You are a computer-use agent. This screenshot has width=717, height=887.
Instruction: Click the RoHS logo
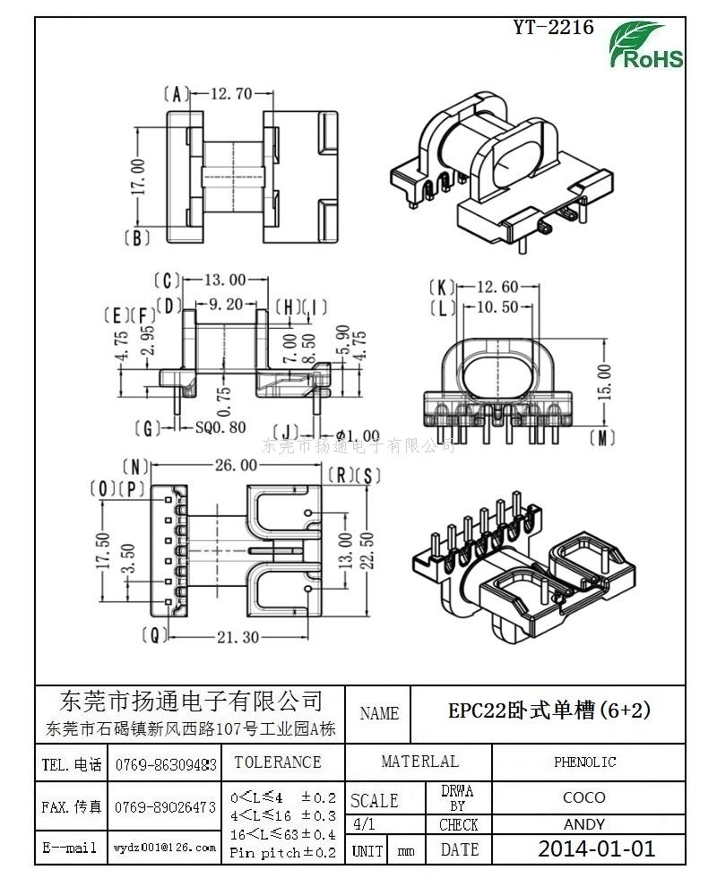pyautogui.click(x=646, y=46)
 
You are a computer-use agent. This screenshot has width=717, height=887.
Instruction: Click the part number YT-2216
pyautogui.click(x=553, y=28)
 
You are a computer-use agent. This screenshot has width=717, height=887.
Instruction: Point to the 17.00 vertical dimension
pyautogui.click(x=137, y=178)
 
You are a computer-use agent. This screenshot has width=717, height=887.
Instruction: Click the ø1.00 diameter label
pyautogui.click(x=351, y=436)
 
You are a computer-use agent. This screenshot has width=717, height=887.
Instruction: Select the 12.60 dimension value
pyautogui.click(x=497, y=287)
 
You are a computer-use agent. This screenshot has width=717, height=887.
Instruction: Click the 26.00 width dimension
pyautogui.click(x=236, y=465)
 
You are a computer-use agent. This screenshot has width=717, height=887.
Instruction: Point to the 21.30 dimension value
pyautogui.click(x=238, y=637)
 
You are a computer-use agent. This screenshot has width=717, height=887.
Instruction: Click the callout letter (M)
pyautogui.click(x=604, y=437)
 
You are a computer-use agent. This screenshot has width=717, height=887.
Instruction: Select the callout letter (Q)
pyautogui.click(x=155, y=635)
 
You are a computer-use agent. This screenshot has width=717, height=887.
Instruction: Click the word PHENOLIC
pyautogui.click(x=584, y=762)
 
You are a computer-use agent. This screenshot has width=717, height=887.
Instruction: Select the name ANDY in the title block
pyautogui.click(x=583, y=824)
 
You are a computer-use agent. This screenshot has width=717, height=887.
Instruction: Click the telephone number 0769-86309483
pyautogui.click(x=166, y=765)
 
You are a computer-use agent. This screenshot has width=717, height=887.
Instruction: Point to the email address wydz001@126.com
pyautogui.click(x=164, y=847)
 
